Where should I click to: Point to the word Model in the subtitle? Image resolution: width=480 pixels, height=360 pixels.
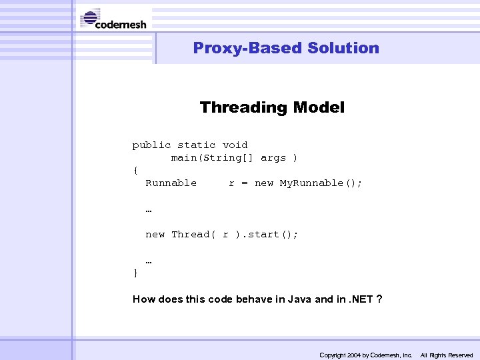click(323, 107)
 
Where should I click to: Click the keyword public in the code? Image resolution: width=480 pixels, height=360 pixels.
click(151, 145)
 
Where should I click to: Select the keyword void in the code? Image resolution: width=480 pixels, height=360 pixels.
click(235, 145)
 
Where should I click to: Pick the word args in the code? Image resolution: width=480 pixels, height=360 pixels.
click(273, 158)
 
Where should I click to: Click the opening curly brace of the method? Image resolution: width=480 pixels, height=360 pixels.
click(136, 170)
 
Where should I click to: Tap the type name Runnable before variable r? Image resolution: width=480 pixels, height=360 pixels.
click(171, 183)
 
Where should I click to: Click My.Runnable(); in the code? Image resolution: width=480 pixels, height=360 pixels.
click(321, 183)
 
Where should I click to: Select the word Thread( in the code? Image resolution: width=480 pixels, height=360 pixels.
click(193, 234)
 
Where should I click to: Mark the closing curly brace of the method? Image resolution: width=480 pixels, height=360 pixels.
click(136, 273)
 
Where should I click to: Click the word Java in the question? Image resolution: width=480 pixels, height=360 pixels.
click(300, 299)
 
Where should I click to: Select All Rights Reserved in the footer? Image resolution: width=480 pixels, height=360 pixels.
click(446, 355)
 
